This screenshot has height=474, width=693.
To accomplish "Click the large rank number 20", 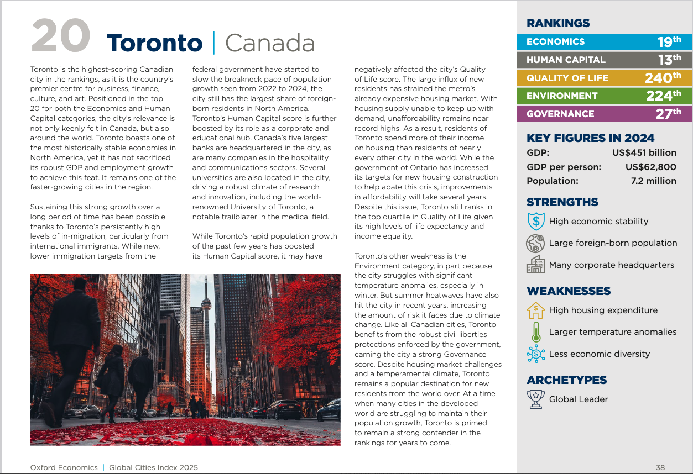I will tap(61, 36).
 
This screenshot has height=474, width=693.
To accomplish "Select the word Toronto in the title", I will tap(154, 43).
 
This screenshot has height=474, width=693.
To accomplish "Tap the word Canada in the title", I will tap(270, 43).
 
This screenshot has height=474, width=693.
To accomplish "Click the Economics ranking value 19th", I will tap(669, 41).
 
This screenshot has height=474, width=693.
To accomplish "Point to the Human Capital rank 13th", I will tap(669, 60).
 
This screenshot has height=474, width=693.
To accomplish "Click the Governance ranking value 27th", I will tap(669, 114).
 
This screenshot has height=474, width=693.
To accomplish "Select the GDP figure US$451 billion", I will tap(644, 152).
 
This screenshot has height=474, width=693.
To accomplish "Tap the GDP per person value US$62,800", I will tap(650, 167).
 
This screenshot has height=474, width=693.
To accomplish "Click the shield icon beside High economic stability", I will tap(535, 222).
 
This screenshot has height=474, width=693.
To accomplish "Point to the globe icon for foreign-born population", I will tap(535, 243).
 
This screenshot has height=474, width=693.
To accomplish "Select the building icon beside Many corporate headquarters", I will tap(535, 265).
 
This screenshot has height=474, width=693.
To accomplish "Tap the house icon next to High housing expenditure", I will tap(535, 310).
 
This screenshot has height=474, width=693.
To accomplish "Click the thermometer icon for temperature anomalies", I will tap(535, 332).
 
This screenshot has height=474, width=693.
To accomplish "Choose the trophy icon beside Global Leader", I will tap(535, 399).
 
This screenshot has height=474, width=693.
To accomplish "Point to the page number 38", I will tap(660, 467).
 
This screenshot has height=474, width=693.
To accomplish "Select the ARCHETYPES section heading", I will tap(566, 380).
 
